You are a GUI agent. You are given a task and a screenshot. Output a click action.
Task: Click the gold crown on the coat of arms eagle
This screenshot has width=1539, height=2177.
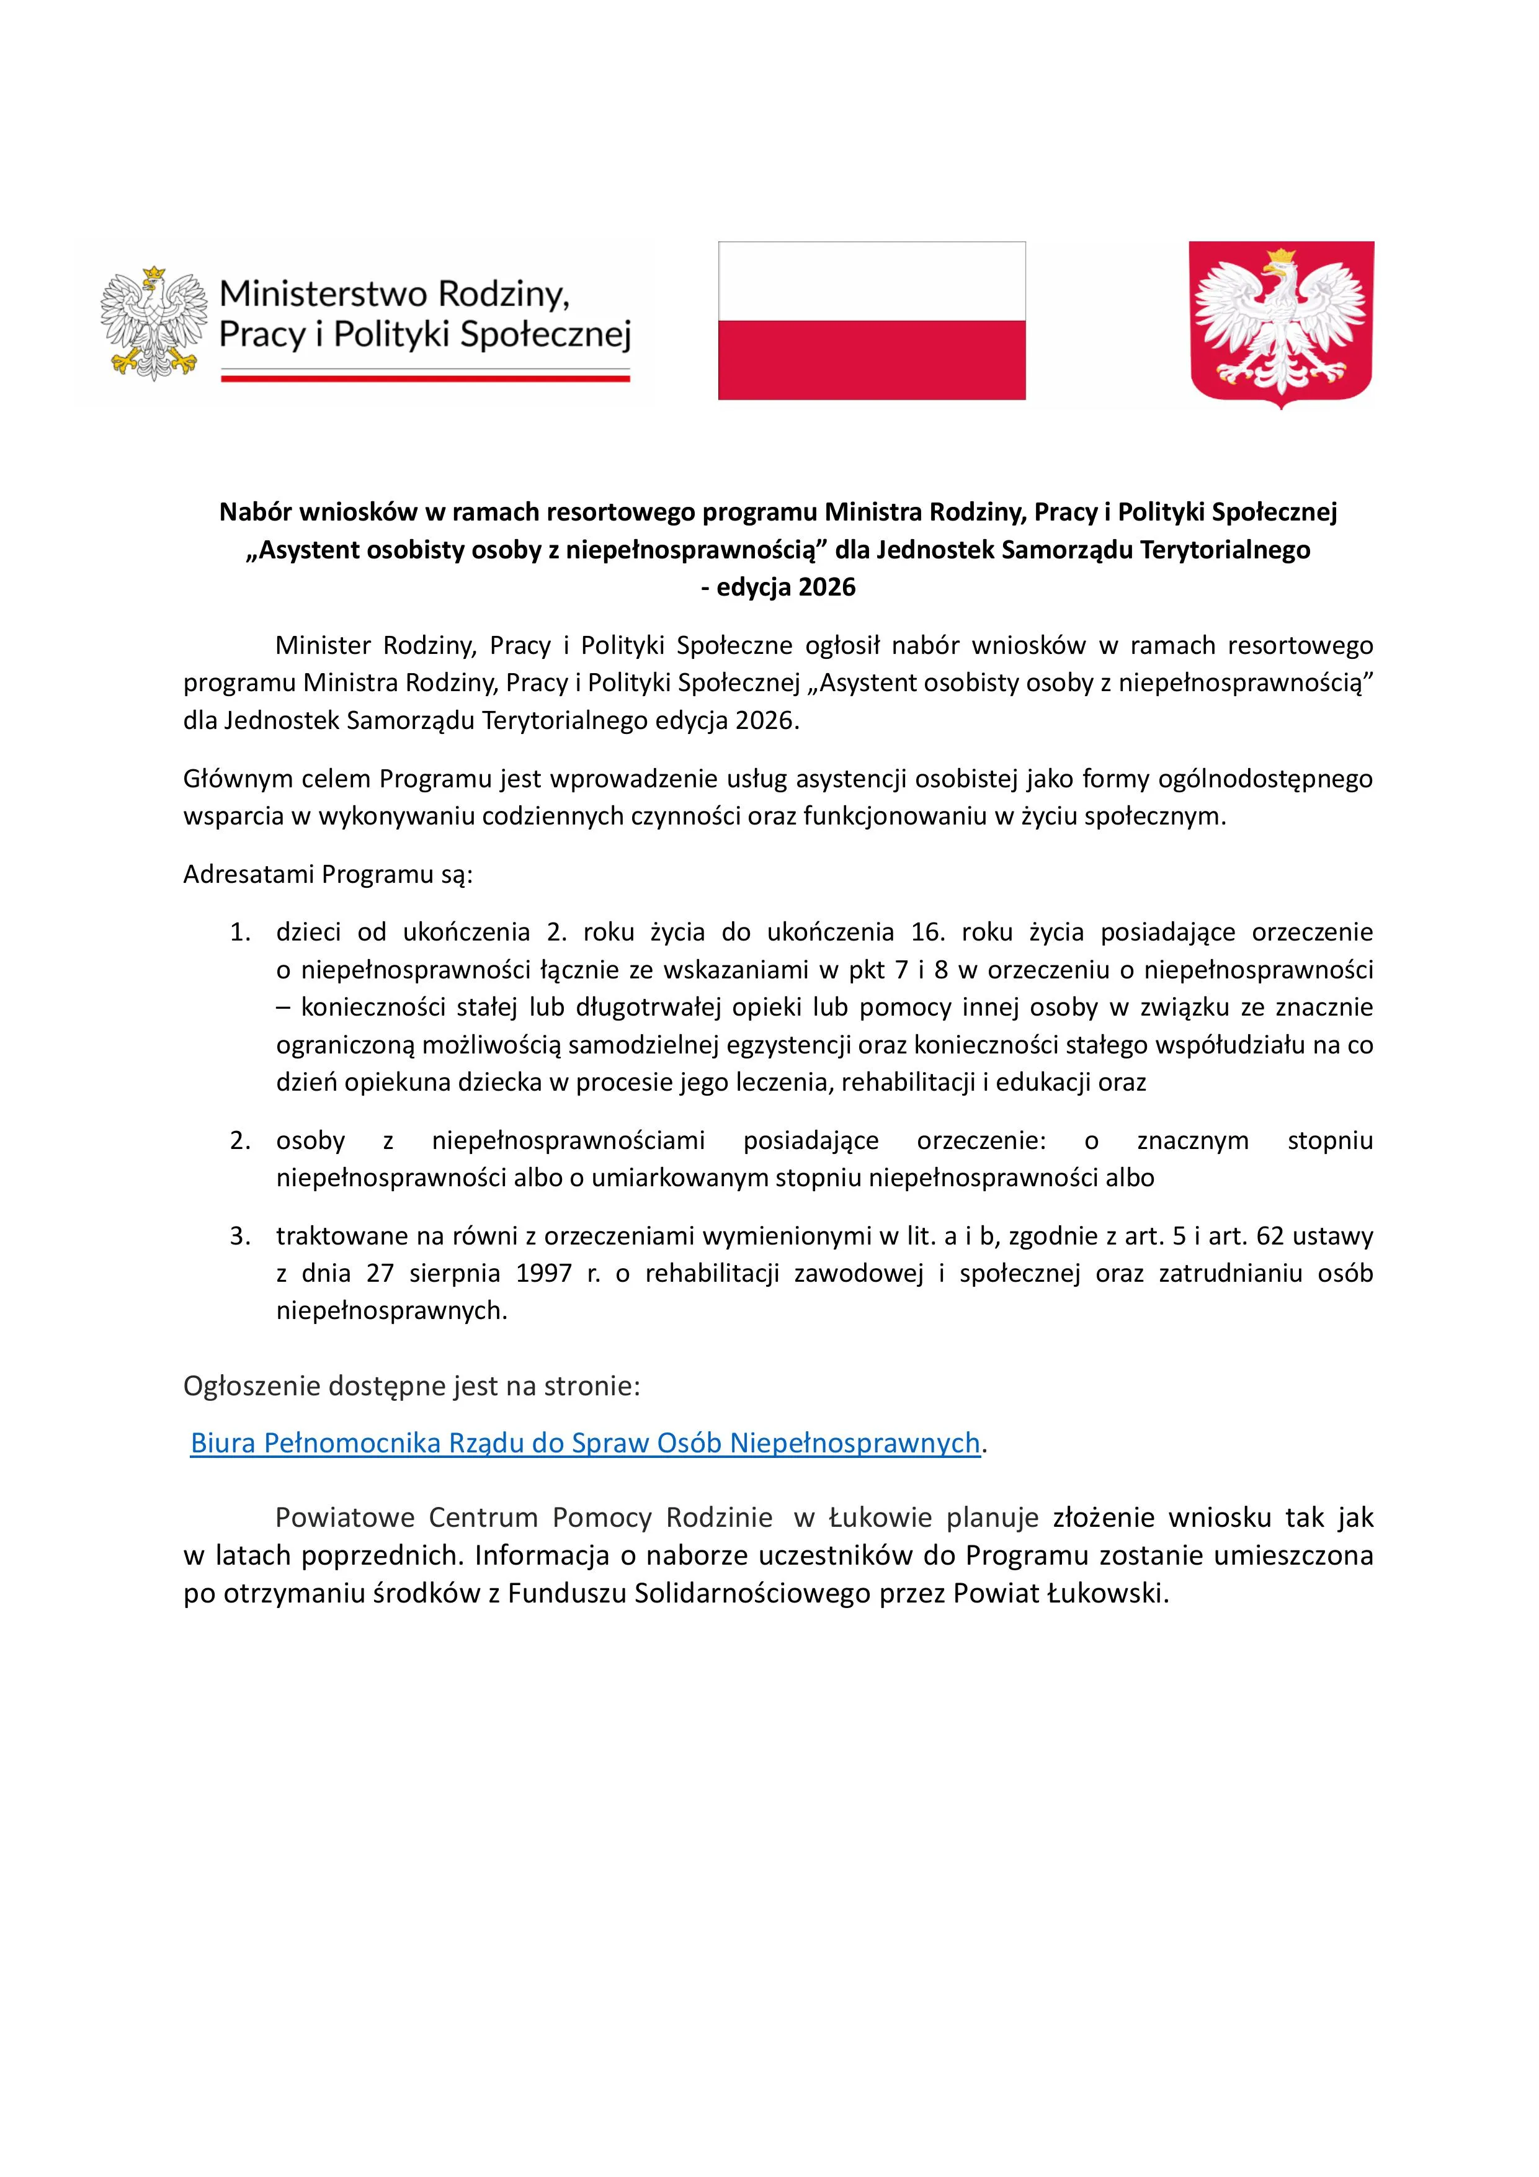click(x=1282, y=256)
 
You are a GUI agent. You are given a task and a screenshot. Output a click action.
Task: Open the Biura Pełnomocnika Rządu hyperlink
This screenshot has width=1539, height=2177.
click(x=584, y=1442)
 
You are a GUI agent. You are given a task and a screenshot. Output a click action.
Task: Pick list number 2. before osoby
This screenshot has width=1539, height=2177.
click(x=241, y=1141)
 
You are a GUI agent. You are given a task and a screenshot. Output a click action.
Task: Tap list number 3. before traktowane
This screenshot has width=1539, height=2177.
click(x=241, y=1236)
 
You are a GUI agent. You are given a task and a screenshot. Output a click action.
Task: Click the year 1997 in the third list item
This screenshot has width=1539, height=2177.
click(x=544, y=1274)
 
